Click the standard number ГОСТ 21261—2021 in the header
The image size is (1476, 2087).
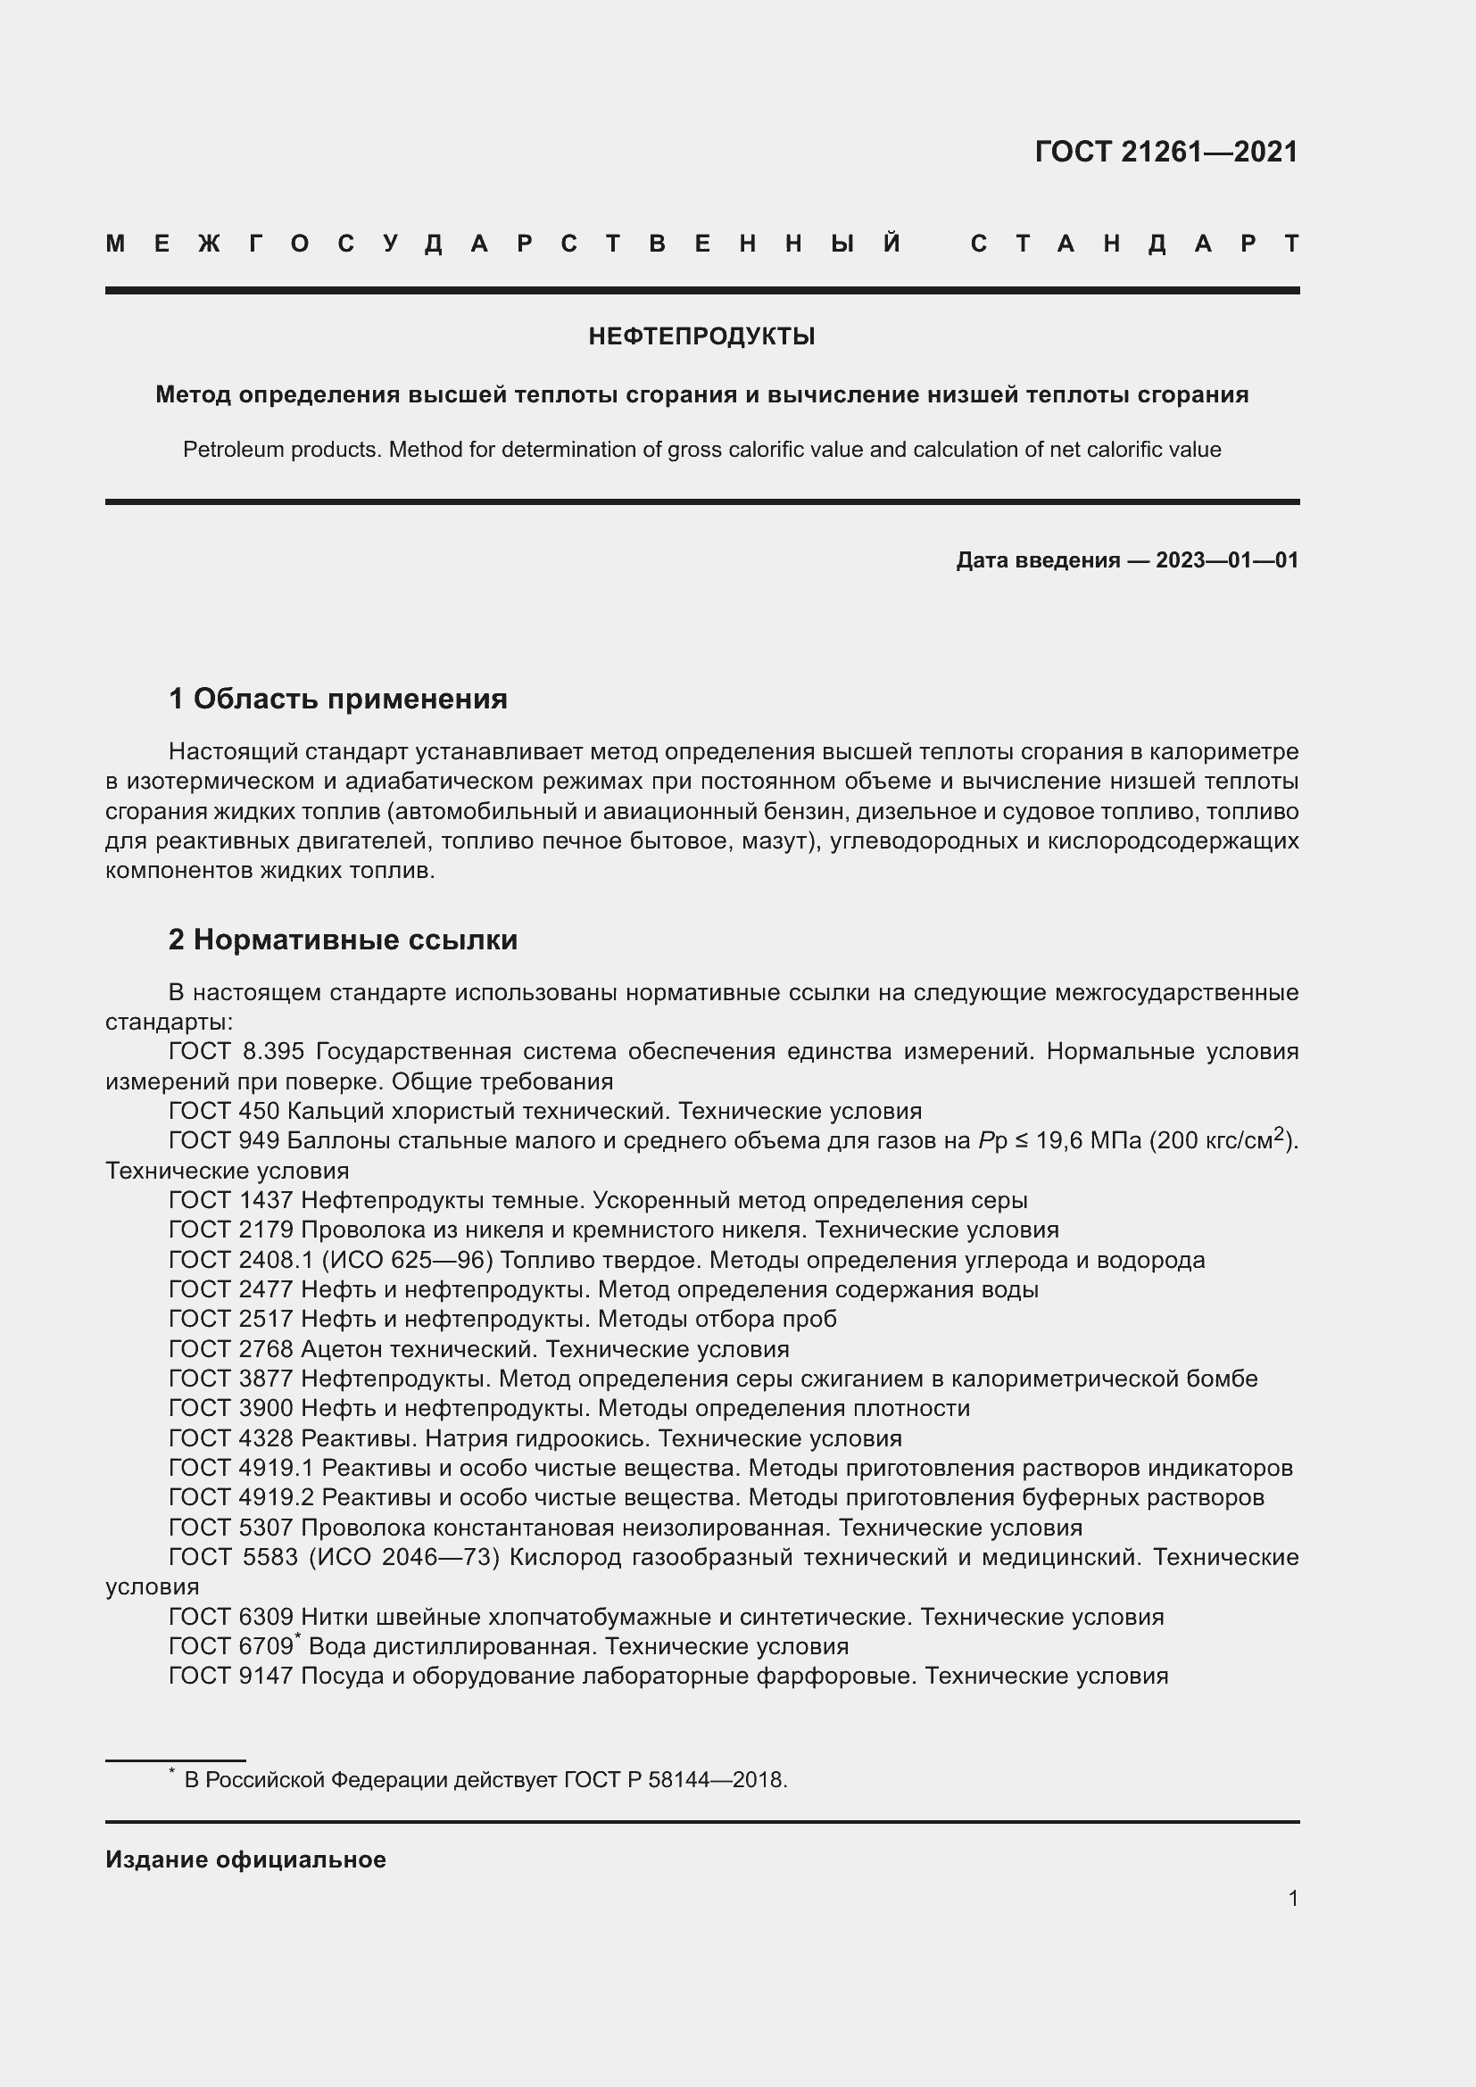[x=1166, y=152]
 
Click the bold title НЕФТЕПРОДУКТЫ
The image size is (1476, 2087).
[x=701, y=336]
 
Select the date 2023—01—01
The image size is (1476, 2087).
[x=1227, y=560]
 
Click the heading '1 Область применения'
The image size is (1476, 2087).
[x=337, y=699]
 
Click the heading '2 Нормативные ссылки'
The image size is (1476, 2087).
[x=343, y=940]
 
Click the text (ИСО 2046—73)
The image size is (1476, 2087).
[x=404, y=1558]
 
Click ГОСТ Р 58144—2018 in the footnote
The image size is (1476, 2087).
[x=675, y=1780]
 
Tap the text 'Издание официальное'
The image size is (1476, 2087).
[x=245, y=1859]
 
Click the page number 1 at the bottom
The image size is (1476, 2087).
[x=1292, y=1899]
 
